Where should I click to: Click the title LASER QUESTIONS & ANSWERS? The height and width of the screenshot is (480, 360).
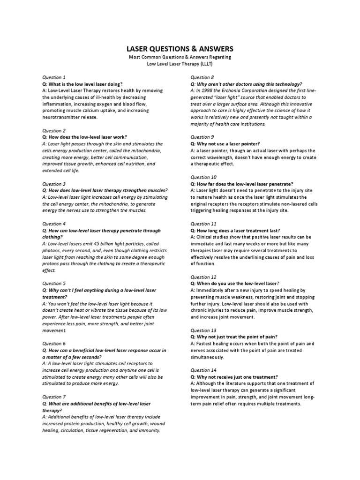click(180, 49)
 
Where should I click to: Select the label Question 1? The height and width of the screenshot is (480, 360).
click(54, 77)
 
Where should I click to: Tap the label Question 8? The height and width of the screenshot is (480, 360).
click(202, 77)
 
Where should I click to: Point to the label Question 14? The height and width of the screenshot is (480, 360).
click(203, 370)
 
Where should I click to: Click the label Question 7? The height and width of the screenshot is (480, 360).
click(54, 397)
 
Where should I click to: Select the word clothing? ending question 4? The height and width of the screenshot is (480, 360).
click(52, 237)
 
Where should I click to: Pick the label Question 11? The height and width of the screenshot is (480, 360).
click(203, 224)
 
